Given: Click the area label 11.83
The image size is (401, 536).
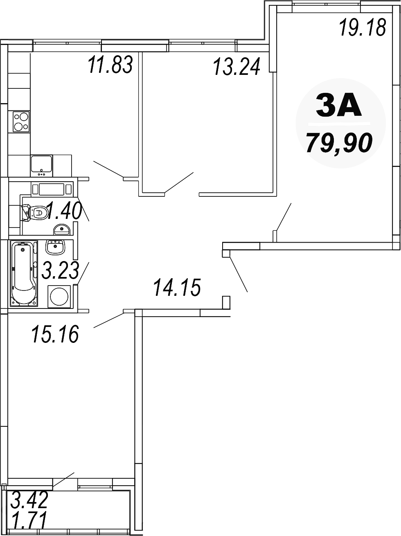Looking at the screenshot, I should [x=110, y=65].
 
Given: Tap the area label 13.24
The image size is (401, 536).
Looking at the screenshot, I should [x=237, y=67].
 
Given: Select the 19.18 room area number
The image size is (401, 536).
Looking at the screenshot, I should [x=363, y=28].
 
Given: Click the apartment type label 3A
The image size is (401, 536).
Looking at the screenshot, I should [x=339, y=106].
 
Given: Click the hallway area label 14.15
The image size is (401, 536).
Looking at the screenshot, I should [x=177, y=287].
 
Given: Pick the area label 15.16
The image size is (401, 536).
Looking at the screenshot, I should [x=55, y=334].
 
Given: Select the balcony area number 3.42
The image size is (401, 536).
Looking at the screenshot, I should [x=30, y=500].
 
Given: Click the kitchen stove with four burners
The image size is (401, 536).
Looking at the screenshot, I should [x=21, y=122].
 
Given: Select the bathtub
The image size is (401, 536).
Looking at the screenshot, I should [x=24, y=273].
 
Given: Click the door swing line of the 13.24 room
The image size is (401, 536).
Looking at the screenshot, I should [x=179, y=182].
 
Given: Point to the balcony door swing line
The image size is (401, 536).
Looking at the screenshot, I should [x=63, y=480].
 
